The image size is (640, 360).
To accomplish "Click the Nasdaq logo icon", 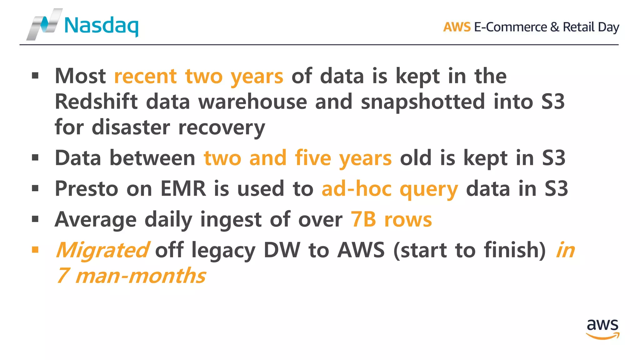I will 44,24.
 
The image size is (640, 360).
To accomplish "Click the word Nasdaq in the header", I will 101,26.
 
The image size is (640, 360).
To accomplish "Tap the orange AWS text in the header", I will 457,27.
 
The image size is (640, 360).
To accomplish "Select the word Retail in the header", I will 578,27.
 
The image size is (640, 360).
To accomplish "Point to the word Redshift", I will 96,102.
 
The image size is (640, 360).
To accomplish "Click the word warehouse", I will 252,102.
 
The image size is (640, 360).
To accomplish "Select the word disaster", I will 131,127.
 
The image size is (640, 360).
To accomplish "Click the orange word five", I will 313,158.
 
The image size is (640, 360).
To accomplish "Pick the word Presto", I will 87,188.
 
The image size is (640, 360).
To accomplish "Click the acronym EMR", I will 183,188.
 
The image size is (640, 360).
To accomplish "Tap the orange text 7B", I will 363,219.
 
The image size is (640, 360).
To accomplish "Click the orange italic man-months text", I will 140,276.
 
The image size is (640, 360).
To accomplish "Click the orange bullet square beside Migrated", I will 35,249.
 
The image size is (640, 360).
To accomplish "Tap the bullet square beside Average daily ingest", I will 35,219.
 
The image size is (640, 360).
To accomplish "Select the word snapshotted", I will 423,102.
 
